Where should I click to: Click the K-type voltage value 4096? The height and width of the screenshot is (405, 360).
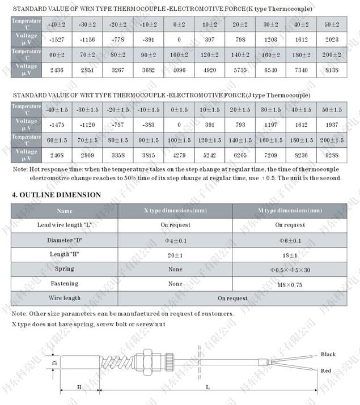(x=179, y=71)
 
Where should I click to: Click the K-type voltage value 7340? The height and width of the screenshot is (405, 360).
(x=302, y=71)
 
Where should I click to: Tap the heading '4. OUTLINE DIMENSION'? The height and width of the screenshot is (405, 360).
(x=57, y=195)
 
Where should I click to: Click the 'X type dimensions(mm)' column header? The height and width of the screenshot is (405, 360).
(x=175, y=211)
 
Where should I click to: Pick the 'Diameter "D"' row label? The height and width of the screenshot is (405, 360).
(x=65, y=240)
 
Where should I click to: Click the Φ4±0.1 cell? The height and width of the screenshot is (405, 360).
(x=175, y=240)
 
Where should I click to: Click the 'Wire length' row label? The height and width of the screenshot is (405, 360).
(x=65, y=298)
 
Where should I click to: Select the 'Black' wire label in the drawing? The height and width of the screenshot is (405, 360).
(x=328, y=355)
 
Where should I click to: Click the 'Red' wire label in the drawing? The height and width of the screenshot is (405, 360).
(x=326, y=371)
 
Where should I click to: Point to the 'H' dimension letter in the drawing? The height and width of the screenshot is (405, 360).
(x=79, y=387)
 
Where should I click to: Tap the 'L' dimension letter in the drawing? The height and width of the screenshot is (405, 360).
(x=207, y=387)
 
